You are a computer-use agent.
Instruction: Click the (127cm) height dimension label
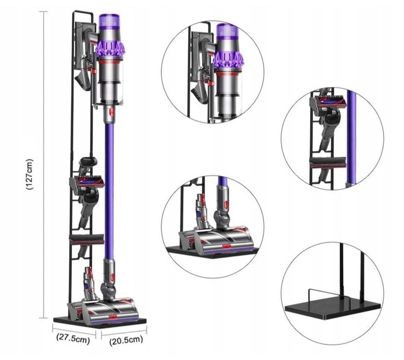(x=30, y=174)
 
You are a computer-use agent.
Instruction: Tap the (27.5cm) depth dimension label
(x=73, y=339)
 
